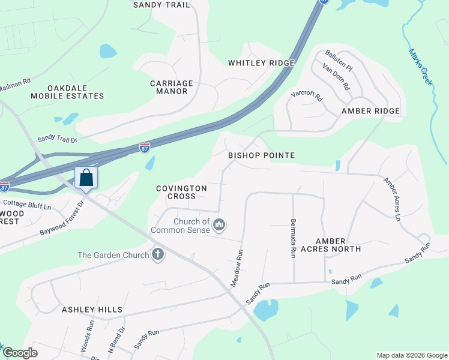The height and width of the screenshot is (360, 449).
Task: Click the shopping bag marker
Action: point(86,178)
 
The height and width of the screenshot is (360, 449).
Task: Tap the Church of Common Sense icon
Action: point(220,225)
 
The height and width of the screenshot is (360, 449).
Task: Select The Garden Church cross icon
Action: point(158,255)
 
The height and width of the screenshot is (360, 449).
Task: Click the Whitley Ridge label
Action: point(261,63)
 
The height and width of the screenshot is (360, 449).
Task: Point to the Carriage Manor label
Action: point(172,87)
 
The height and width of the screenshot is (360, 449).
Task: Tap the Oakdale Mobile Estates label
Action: point(67,91)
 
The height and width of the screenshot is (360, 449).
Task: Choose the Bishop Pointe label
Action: point(261,155)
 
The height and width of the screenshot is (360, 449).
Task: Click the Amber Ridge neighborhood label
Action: point(370,111)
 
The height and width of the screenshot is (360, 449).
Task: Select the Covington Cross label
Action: point(181,192)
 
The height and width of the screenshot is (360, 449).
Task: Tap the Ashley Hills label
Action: point(92,310)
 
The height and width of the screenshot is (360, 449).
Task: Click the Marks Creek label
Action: point(420,67)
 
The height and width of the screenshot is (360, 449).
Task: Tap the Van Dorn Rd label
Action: point(336,77)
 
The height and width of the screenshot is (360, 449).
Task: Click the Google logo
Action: point(20,353)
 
